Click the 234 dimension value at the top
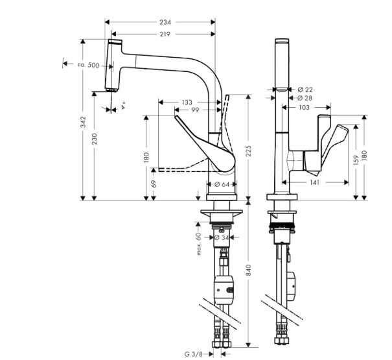pyautogui.click(x=165, y=22)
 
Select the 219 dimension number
pyautogui.click(x=165, y=34)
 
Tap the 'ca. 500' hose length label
pyautogui.click(x=88, y=65)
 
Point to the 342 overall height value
pyautogui.click(x=83, y=122)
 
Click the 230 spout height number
pyautogui.click(x=94, y=139)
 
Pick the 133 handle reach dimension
pyautogui.click(x=187, y=102)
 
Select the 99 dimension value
pyautogui.click(x=195, y=110)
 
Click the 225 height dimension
pyautogui.click(x=248, y=151)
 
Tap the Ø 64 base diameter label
pyautogui.click(x=222, y=184)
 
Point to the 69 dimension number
pyautogui.click(x=154, y=184)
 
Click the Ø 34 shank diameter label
pyautogui.click(x=222, y=237)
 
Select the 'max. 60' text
pyautogui.click(x=199, y=244)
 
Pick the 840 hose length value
pyautogui.click(x=248, y=270)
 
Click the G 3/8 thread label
pyautogui.click(x=193, y=354)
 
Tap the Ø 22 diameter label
pyautogui.click(x=305, y=90)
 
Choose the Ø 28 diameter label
pyautogui.click(x=305, y=98)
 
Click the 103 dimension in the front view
pyautogui.click(x=304, y=108)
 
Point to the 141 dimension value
pyautogui.click(x=314, y=182)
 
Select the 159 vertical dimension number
pyautogui.click(x=356, y=160)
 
